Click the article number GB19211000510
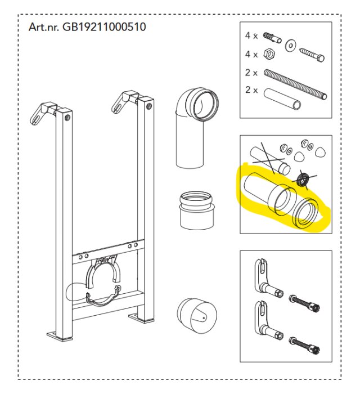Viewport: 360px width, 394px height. click(x=104, y=26)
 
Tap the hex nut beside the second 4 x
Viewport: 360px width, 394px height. click(x=269, y=53)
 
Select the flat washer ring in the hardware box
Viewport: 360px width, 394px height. click(x=290, y=46)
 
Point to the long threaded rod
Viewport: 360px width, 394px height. click(x=295, y=84)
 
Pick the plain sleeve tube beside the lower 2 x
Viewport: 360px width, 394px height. click(x=282, y=98)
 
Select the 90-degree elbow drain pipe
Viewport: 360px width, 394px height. click(x=196, y=127)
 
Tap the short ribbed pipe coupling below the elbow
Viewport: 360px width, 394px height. click(x=197, y=211)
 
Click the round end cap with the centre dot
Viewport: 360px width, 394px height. click(x=196, y=316)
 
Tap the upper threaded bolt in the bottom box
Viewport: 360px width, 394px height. click(x=304, y=303)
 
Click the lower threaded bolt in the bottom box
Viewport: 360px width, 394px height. click(x=304, y=345)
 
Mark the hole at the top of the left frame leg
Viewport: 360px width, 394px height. click(x=67, y=118)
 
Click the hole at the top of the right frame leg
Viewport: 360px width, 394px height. click(x=149, y=106)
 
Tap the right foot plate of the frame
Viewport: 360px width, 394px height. click(x=141, y=318)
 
